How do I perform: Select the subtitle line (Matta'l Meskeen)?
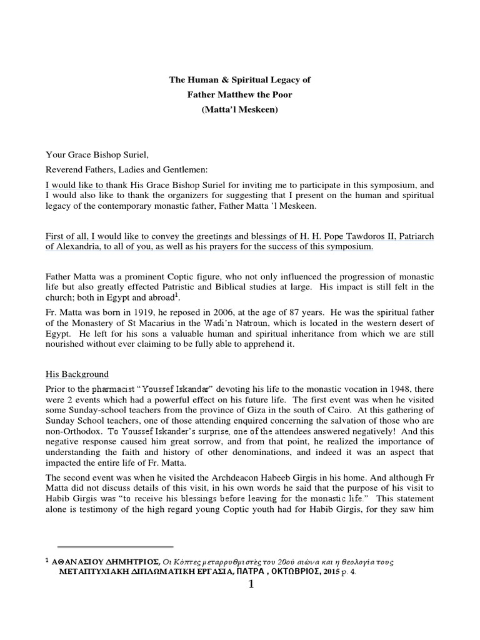pos(240,109)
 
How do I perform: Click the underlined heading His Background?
pos(77,374)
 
